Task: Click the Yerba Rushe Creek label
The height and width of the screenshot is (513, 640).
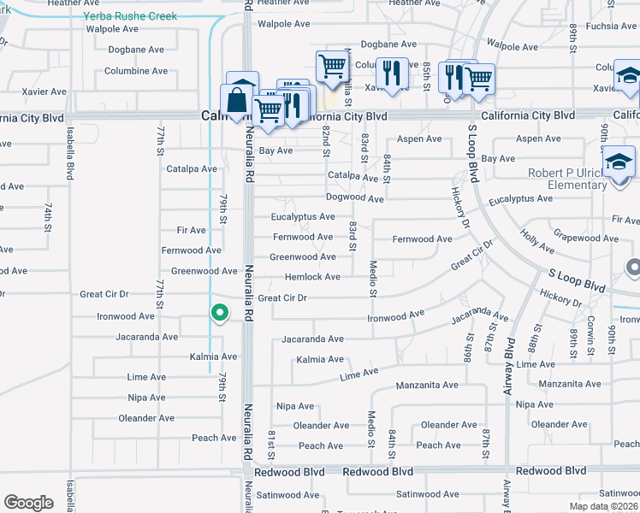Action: [131, 16]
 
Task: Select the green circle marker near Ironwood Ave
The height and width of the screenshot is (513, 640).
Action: [219, 315]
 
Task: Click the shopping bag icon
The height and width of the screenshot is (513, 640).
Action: [236, 102]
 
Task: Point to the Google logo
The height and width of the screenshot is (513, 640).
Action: [29, 503]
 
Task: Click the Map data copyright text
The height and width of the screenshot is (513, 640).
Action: [604, 506]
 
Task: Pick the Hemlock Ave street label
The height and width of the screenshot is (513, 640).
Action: [312, 277]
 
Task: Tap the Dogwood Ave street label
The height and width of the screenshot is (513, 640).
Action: [355, 198]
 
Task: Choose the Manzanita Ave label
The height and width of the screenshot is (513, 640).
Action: [427, 386]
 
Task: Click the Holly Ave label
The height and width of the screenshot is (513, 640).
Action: [536, 242]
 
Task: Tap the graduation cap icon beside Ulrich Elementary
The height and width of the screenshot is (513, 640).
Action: [619, 161]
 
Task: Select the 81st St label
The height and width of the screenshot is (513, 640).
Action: [271, 444]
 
